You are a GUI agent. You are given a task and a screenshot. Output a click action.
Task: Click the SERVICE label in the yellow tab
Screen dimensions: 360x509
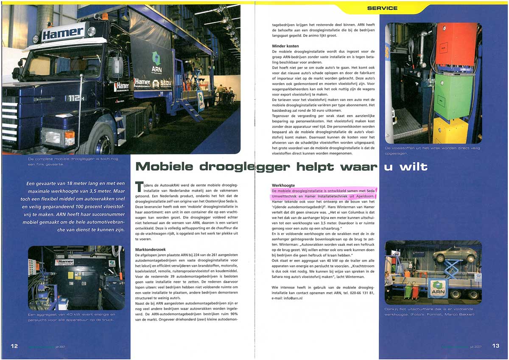pos(382,8)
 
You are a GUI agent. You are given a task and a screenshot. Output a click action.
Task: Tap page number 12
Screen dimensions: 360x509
pos(14,346)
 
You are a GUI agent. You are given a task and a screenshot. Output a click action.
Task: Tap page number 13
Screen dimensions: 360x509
pos(495,346)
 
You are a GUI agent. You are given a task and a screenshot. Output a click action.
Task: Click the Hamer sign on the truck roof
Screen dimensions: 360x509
pos(63,33)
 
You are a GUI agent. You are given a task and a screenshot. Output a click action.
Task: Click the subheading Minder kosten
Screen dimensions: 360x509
pos(285,46)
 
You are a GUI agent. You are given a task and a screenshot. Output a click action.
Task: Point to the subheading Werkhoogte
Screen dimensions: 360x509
pos(283,186)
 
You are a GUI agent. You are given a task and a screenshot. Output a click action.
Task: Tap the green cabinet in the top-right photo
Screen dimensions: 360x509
pos(453,97)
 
